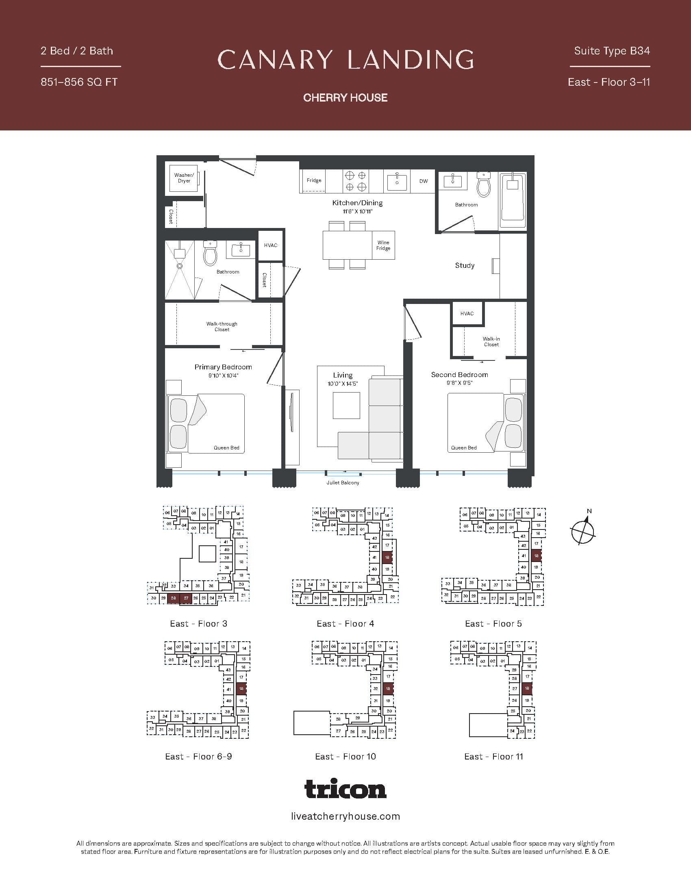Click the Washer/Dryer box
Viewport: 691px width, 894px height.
[x=184, y=178]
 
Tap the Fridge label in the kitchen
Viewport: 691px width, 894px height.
[x=314, y=180]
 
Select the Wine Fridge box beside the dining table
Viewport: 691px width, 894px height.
[x=383, y=245]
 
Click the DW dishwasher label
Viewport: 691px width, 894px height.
[x=423, y=181]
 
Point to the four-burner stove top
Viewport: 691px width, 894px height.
[x=355, y=181]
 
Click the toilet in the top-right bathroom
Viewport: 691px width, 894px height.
[x=484, y=184]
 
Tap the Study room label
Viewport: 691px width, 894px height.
[x=465, y=265]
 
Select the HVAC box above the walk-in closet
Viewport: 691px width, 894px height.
[x=467, y=314]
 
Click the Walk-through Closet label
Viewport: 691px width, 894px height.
[x=222, y=326]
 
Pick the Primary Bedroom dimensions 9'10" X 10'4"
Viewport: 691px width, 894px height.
[x=223, y=375]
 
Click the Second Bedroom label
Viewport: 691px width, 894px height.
[x=459, y=375]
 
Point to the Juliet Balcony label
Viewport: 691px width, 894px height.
[x=343, y=483]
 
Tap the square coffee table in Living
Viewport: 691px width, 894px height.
[x=346, y=405]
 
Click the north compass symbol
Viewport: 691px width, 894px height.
[x=582, y=532]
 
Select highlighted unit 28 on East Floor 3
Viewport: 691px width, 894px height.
[x=174, y=598]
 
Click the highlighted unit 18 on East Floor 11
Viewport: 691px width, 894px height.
[x=527, y=688]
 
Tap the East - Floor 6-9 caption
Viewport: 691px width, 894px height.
[x=198, y=757]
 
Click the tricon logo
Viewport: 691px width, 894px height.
[x=345, y=789]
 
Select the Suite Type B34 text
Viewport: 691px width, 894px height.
[x=612, y=51]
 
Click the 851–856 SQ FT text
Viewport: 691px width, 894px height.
[x=79, y=82]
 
